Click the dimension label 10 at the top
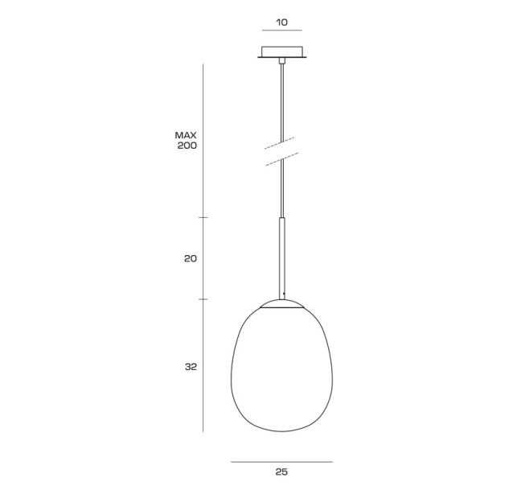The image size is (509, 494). click(281, 23)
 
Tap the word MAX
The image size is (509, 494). click(186, 135)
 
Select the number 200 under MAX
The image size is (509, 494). click(187, 146)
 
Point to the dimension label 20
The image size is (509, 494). click(191, 259)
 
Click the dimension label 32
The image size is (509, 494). click(191, 367)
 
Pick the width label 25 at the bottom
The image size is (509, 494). click(281, 472)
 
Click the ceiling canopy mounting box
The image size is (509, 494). click(282, 51)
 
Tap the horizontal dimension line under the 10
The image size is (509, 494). click(282, 31)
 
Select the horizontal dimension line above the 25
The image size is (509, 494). click(281, 462)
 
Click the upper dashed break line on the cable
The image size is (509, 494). click(280, 143)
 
